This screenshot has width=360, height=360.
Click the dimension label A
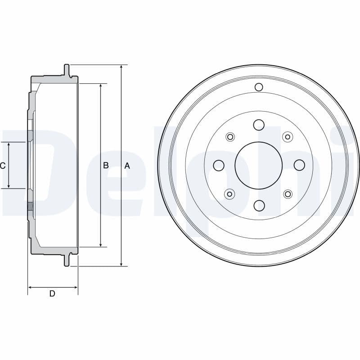pyautogui.click(x=127, y=166)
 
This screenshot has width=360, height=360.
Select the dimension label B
pyautogui.click(x=106, y=166)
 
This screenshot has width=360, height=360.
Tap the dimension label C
pyautogui.click(x=3, y=166)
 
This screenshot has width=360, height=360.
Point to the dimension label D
pyautogui.click(x=52, y=294)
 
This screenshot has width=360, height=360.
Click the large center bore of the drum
pyautogui.click(x=259, y=165)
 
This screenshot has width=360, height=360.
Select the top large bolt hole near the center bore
pyautogui.click(x=259, y=125)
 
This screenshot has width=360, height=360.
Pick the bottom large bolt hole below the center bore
pyautogui.click(x=259, y=206)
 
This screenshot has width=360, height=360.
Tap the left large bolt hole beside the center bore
pyautogui.click(x=219, y=166)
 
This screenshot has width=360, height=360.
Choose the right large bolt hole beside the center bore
pyautogui.click(x=299, y=166)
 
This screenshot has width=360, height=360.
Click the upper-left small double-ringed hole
pyautogui.click(x=230, y=136)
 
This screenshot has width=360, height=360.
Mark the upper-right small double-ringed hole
pyautogui.click(x=287, y=136)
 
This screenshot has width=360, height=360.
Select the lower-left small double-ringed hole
pyautogui.click(x=230, y=194)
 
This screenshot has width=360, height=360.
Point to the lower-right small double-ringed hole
pyautogui.click(x=287, y=194)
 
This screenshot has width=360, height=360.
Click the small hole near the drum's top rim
pyautogui.click(x=259, y=87)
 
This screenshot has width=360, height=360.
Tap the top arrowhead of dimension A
pyautogui.click(x=121, y=67)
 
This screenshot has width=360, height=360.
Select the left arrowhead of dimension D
pyautogui.click(x=30, y=287)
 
